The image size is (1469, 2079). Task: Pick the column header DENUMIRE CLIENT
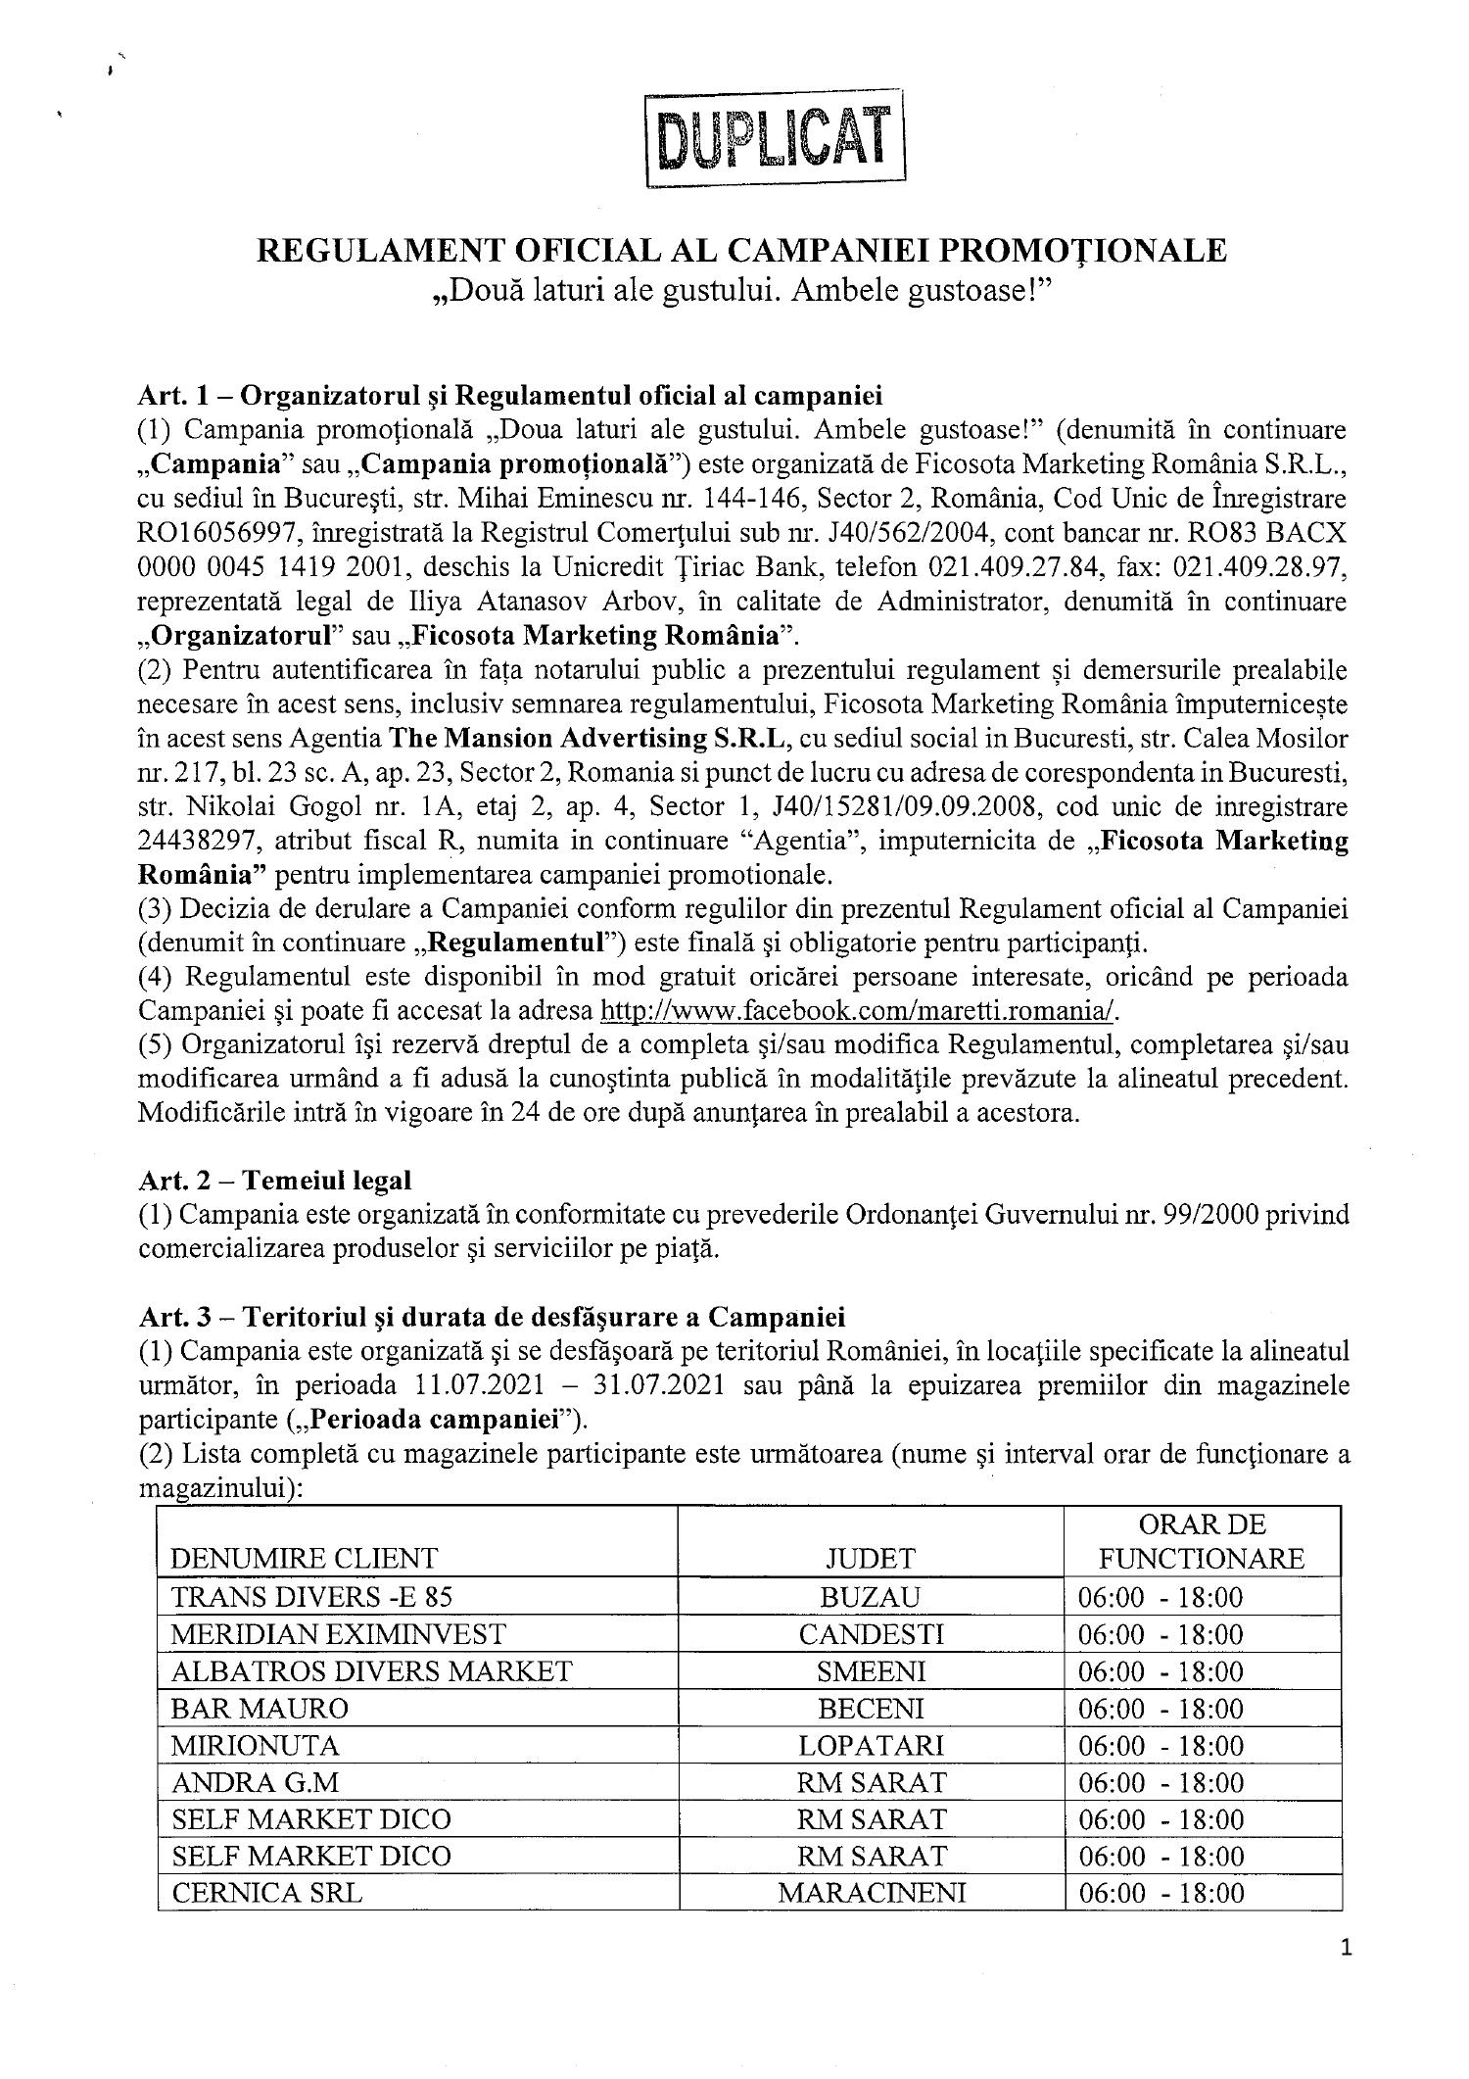[x=304, y=1558]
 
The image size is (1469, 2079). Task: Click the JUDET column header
[x=871, y=1558]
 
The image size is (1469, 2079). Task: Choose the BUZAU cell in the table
[x=871, y=1597]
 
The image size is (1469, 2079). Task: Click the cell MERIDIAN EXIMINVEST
[x=338, y=1634]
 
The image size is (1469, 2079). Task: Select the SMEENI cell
[x=871, y=1671]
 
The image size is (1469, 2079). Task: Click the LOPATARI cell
[x=871, y=1745]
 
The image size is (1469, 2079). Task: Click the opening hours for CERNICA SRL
[x=1161, y=1893]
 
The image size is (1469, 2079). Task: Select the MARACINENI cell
[x=871, y=1893]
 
